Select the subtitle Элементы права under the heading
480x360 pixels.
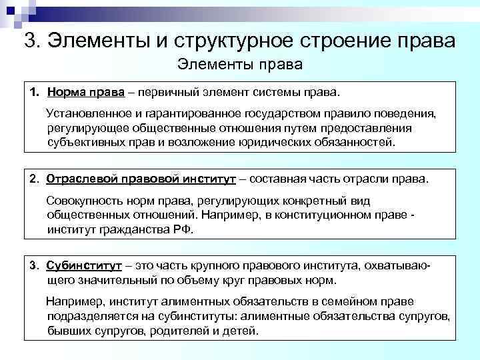click(x=240, y=65)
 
